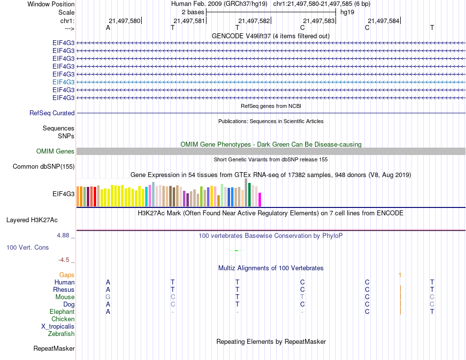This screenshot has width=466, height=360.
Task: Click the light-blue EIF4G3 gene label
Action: point(63,82)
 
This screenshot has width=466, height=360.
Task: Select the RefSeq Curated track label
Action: point(52,113)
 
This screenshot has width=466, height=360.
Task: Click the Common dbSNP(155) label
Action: point(44,167)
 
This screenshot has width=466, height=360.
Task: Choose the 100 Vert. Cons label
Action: point(27,248)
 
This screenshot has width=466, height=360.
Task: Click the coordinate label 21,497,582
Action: point(254,21)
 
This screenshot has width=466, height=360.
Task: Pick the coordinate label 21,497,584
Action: point(384,21)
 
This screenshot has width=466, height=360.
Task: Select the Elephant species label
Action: point(62,312)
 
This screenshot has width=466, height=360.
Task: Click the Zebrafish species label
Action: point(61,334)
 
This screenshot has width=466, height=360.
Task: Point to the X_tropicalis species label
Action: point(58,327)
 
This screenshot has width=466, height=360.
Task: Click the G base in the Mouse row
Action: point(108,297)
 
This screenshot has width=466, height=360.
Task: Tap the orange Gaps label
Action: point(67,275)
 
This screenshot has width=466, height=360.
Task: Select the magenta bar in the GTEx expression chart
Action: point(259,200)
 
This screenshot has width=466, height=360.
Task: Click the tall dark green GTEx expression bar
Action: point(249,195)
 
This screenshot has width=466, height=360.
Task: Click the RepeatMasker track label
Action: point(54,349)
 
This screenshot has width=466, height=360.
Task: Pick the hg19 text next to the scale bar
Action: point(347,12)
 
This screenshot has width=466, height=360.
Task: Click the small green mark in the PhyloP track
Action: point(236,251)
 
